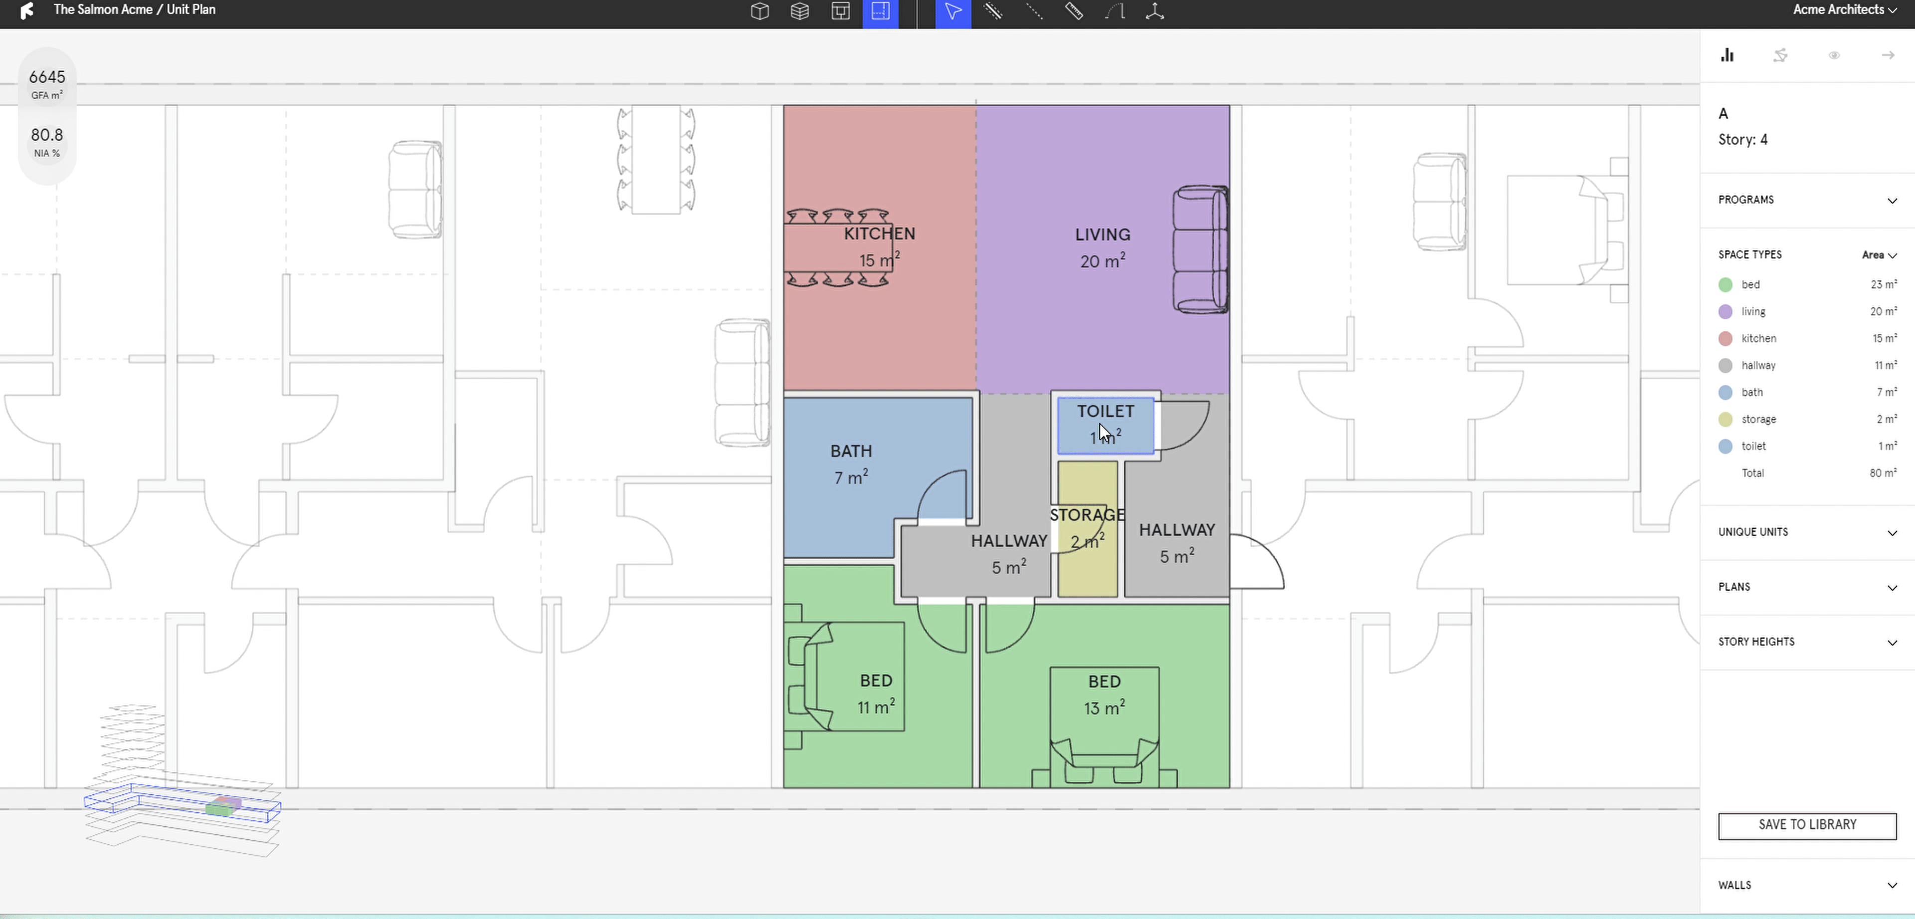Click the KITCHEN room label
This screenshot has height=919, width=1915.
pos(879,233)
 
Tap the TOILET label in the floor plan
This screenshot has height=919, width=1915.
pos(1106,411)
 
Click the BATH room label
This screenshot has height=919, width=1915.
pos(851,452)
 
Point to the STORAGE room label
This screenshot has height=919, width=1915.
pos(1087,514)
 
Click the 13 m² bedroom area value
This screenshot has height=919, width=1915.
pos(1104,708)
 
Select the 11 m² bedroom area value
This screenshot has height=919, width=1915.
pos(876,706)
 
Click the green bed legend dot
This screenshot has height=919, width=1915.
pos(1725,285)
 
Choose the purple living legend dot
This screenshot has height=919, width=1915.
pos(1725,311)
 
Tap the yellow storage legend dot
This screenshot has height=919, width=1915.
pos(1725,420)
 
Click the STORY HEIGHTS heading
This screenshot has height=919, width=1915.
pos(1756,642)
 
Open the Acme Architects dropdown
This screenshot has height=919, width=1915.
pos(1844,9)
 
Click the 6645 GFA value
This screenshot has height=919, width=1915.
pos(47,77)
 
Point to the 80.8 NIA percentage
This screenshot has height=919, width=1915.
pos(47,135)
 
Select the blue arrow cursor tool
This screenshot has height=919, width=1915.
pos(953,12)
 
